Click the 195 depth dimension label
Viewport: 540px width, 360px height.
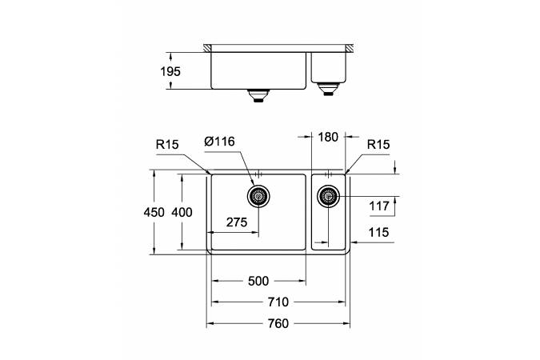pyautogui.click(x=170, y=71)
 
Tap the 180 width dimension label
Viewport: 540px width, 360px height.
pyautogui.click(x=328, y=137)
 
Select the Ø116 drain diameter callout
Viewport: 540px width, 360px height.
pyautogui.click(x=219, y=142)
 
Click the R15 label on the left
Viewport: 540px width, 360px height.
pyautogui.click(x=167, y=144)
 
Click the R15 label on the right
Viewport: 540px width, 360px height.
pyautogui.click(x=378, y=144)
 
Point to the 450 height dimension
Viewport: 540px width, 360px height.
pyautogui.click(x=154, y=212)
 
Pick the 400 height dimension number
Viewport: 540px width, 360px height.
pyautogui.click(x=182, y=212)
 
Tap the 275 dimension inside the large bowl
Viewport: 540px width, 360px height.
pyautogui.click(x=237, y=222)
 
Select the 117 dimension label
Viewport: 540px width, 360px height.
pyautogui.click(x=379, y=206)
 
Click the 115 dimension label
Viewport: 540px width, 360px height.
pyautogui.click(x=379, y=232)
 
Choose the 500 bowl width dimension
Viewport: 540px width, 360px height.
pyautogui.click(x=258, y=281)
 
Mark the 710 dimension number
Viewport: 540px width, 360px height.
pyautogui.click(x=278, y=302)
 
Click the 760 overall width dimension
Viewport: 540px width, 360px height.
pyautogui.click(x=278, y=323)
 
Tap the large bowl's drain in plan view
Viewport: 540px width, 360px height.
pyautogui.click(x=258, y=196)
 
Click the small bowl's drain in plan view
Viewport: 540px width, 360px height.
pyautogui.click(x=328, y=196)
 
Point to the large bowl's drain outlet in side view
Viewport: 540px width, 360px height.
pyautogui.click(x=258, y=95)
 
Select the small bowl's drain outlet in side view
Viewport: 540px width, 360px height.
pyautogui.click(x=328, y=89)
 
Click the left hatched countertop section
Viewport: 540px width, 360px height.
pyautogui.click(x=207, y=48)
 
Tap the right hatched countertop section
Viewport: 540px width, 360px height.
pyautogui.click(x=350, y=48)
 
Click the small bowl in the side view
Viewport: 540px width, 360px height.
pyautogui.click(x=328, y=67)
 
